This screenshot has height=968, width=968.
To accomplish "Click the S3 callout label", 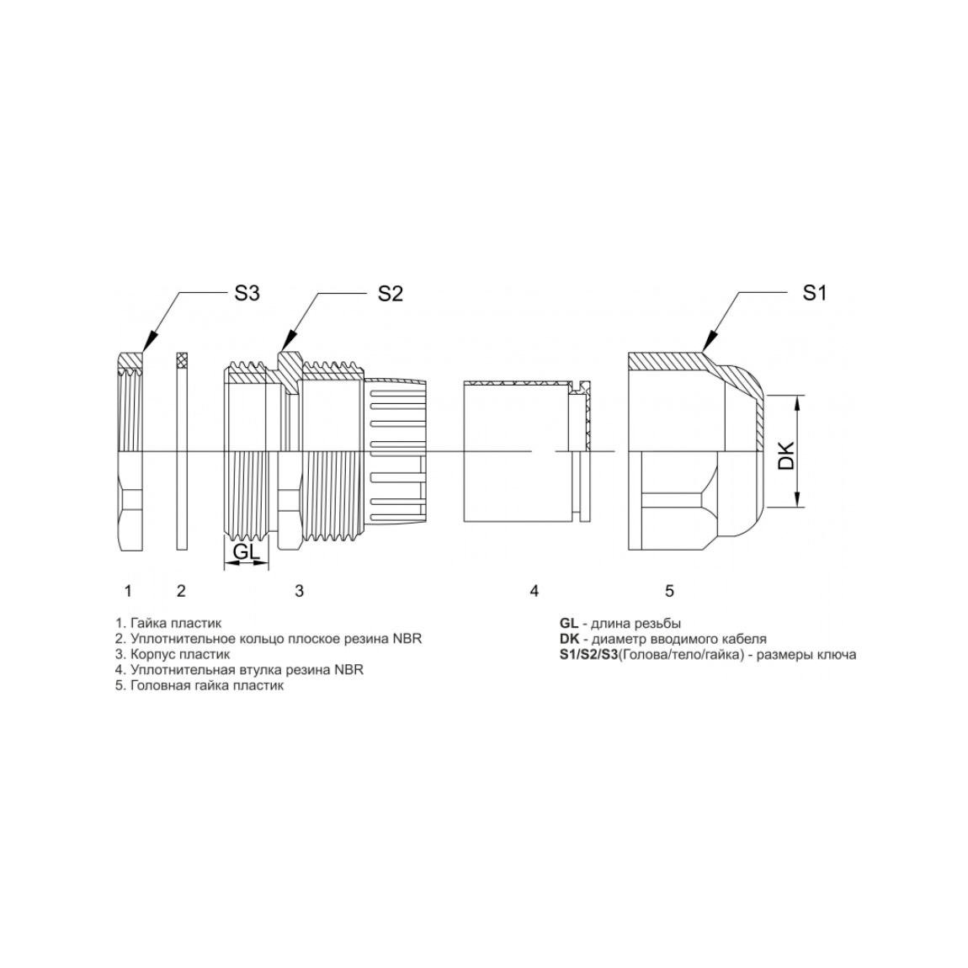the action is (247, 293).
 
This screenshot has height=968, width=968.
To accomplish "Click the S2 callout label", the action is (391, 294).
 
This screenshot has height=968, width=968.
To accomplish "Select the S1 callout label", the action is (814, 293).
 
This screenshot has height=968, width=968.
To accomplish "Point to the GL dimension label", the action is (247, 551).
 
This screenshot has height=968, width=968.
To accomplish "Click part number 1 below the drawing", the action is (128, 592).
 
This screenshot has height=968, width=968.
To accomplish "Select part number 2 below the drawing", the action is (181, 592).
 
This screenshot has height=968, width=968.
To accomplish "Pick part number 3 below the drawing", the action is (300, 592).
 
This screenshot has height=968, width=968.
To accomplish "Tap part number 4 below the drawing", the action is (534, 592).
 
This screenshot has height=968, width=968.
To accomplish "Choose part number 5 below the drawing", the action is (670, 592).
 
